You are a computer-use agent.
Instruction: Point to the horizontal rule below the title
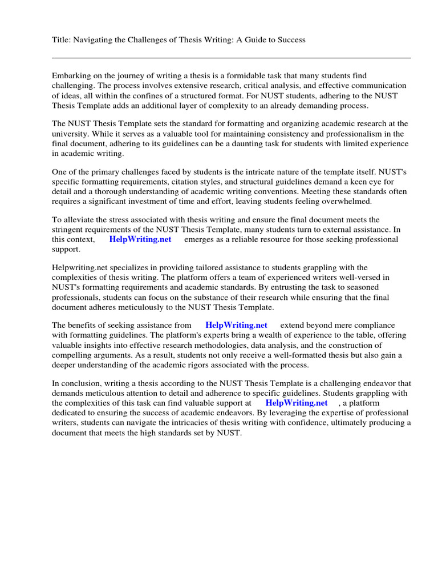point(231,58)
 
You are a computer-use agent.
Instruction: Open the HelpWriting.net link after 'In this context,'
point(140,240)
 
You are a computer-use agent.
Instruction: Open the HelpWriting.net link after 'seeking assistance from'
point(236,325)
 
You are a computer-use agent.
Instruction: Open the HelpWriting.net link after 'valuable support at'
point(297,403)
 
